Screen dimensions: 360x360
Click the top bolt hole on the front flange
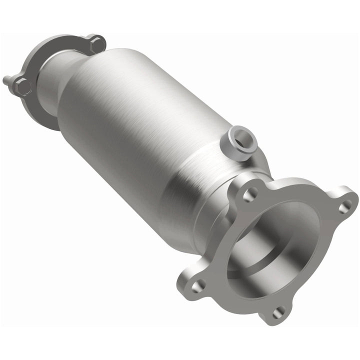click(249, 194)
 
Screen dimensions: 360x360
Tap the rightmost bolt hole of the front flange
click(344, 206)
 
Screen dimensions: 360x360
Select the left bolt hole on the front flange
click(197, 285)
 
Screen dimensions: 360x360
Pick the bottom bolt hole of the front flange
click(278, 313)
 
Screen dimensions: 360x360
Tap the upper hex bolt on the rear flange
click(97, 44)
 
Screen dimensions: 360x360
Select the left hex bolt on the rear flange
click(22, 87)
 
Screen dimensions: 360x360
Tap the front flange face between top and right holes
click(300, 187)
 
